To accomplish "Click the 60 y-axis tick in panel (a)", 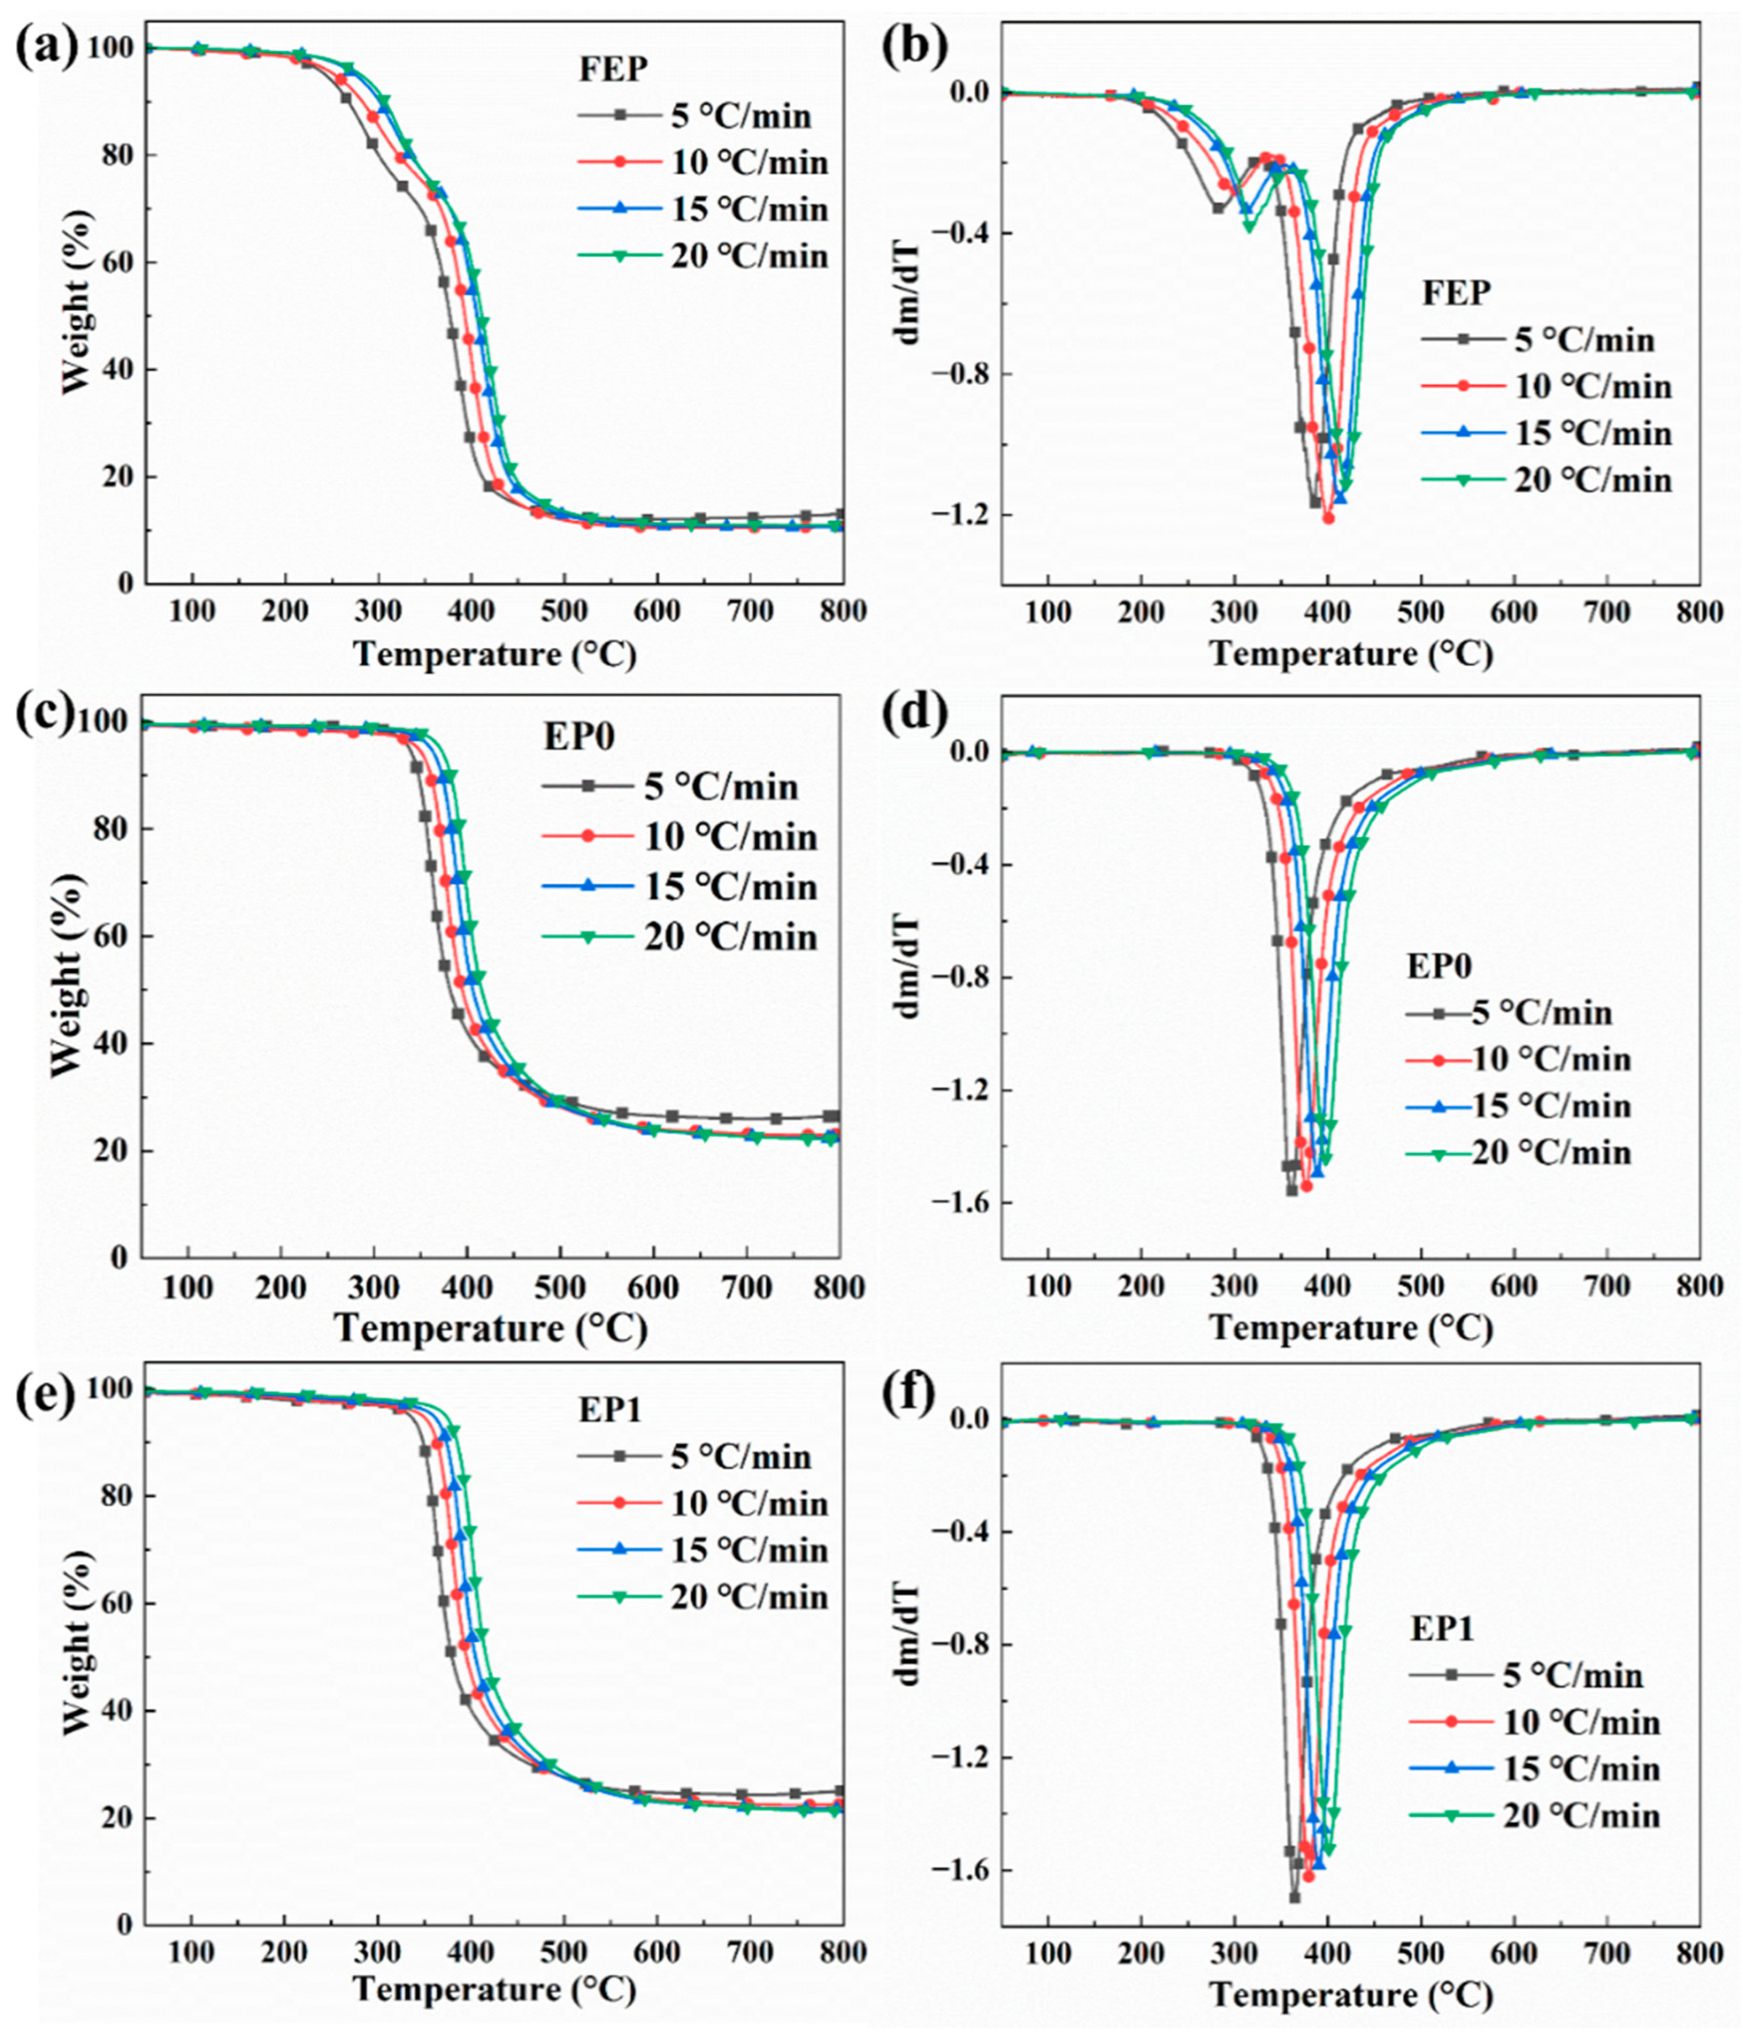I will coord(111,263).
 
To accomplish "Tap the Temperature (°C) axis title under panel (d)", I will coord(1351,1329).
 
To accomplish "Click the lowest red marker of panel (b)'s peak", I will coord(1328,518).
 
